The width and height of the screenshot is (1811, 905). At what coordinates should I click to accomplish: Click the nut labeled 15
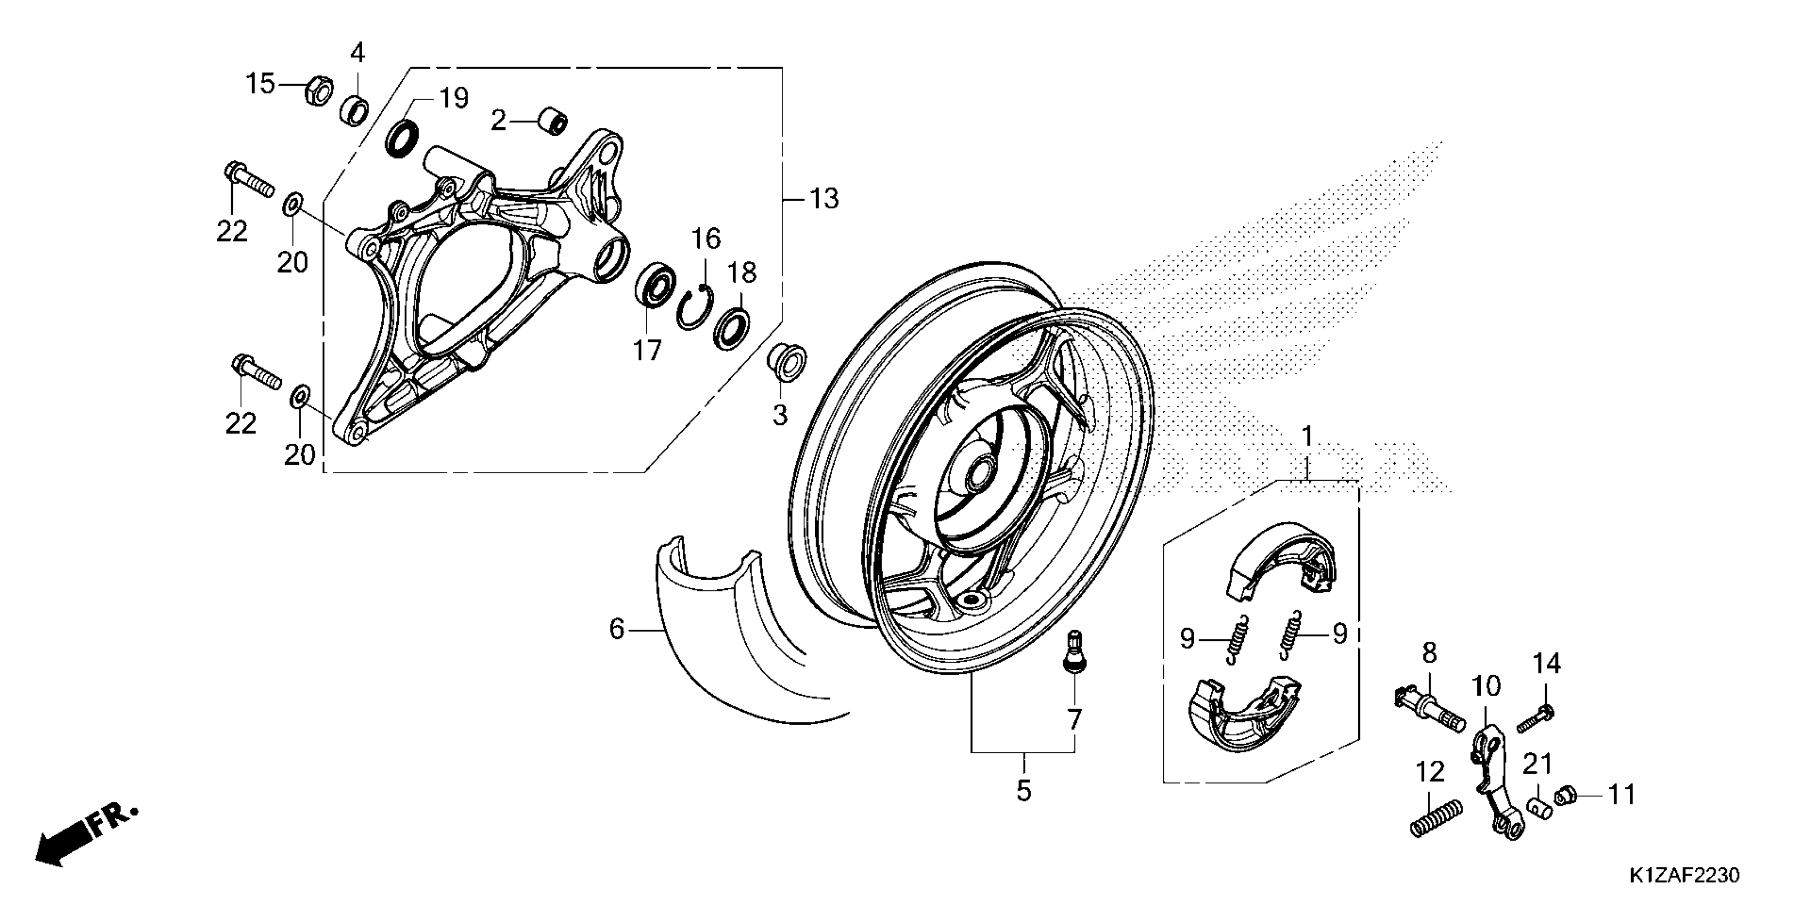pos(319,90)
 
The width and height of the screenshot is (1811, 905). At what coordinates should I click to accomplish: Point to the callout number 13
pos(824,200)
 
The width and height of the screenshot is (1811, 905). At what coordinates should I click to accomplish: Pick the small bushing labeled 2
pos(552,121)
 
